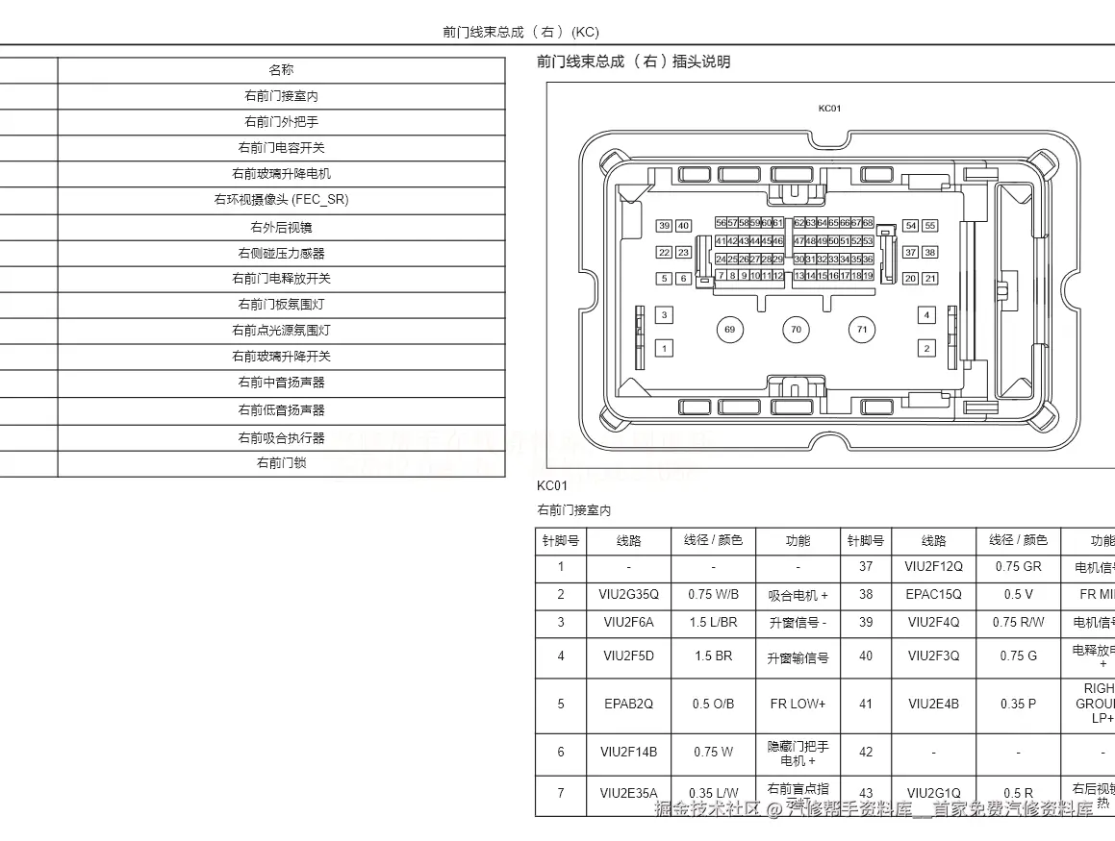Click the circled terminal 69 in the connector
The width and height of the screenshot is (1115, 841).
(x=730, y=330)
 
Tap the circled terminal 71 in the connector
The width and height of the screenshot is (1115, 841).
(x=862, y=330)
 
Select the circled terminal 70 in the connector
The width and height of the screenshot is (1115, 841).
(x=796, y=330)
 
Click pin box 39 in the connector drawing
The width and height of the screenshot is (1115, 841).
(x=664, y=226)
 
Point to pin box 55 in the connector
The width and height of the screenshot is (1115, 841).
(x=929, y=226)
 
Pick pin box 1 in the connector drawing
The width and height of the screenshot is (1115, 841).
(x=664, y=348)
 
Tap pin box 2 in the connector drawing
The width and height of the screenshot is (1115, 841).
(x=926, y=348)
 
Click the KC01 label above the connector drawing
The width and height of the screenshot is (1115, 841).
(x=829, y=109)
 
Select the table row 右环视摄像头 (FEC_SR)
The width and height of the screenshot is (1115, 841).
(x=281, y=200)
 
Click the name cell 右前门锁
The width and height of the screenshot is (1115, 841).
(x=281, y=463)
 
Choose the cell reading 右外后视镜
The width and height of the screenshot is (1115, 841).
(x=281, y=228)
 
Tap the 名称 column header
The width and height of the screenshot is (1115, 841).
(x=281, y=70)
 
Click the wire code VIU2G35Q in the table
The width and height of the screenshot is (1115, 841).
(x=628, y=595)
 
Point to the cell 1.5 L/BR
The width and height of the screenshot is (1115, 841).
(x=713, y=623)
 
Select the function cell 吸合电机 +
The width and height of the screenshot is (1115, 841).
(x=798, y=596)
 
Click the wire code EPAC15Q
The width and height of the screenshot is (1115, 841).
(x=933, y=595)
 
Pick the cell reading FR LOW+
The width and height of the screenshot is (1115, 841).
(x=798, y=705)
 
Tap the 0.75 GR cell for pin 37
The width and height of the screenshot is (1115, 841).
(x=1018, y=567)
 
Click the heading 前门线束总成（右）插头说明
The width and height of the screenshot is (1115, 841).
(x=633, y=62)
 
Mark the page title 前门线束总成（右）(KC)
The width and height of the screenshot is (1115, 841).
(x=520, y=32)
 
